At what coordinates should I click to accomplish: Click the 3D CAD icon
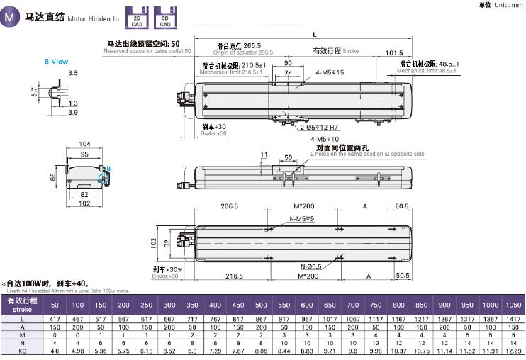164,18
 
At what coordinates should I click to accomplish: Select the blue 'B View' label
56,62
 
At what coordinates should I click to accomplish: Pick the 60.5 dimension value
402,206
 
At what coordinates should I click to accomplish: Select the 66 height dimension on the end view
52,176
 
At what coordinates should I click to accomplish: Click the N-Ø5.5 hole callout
309,266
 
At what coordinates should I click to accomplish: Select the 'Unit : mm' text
503,5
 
